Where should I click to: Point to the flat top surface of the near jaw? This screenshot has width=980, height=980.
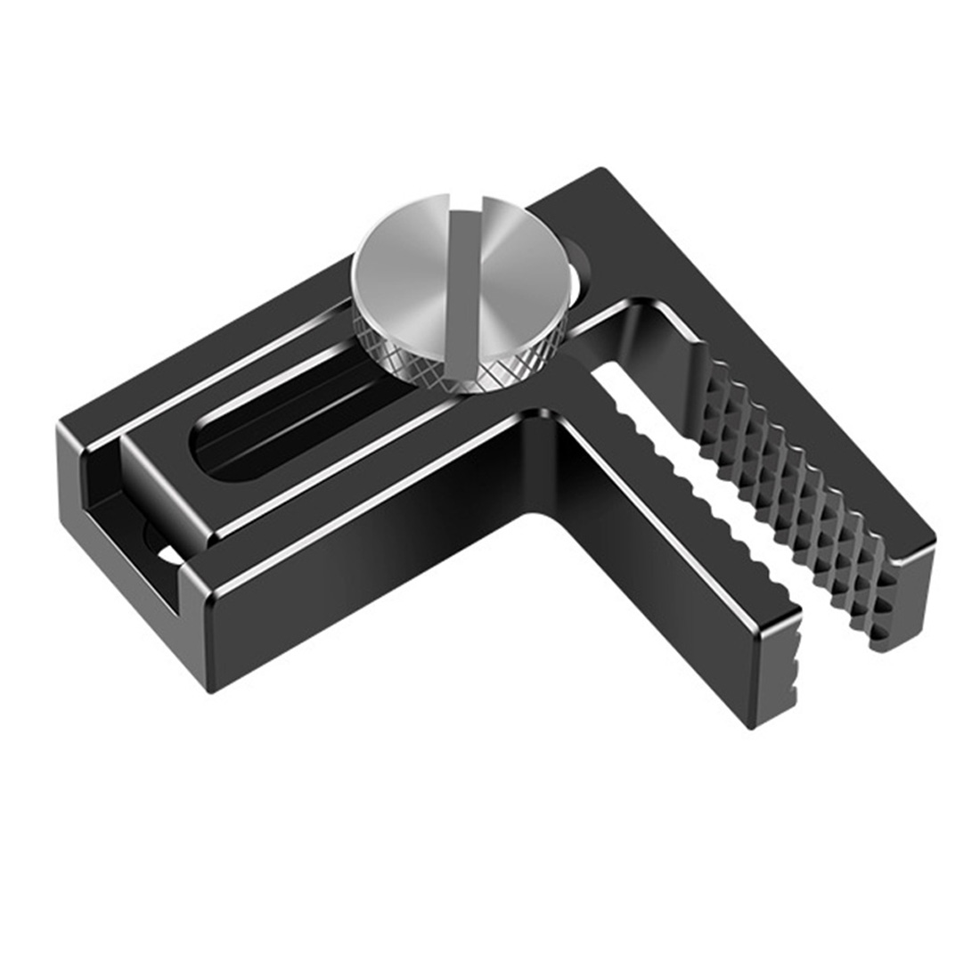point(624,499)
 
